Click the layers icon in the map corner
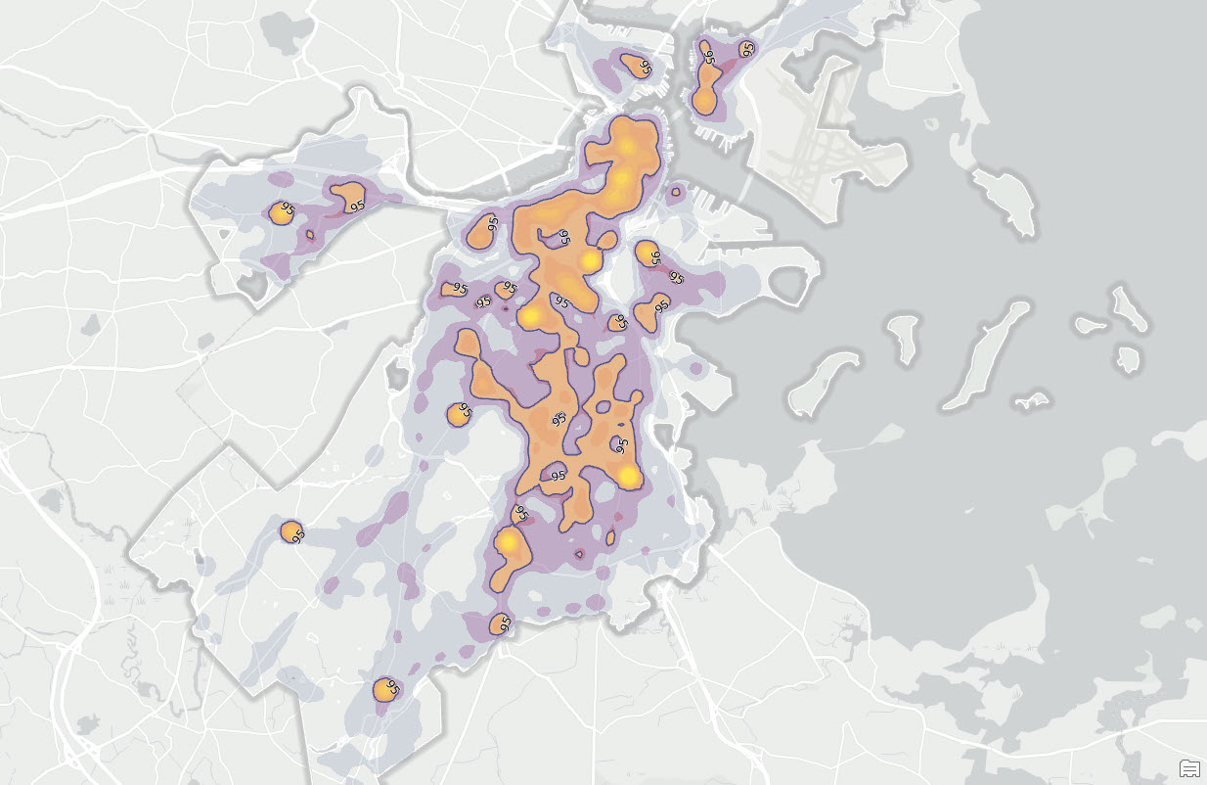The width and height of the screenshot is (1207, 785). tap(1189, 766)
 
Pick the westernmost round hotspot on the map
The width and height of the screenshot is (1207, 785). tap(281, 212)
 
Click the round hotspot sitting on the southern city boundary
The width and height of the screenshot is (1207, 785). tap(500, 623)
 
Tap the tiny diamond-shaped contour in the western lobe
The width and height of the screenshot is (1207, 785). tap(310, 234)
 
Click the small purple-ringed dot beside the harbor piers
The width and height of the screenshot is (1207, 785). tap(675, 193)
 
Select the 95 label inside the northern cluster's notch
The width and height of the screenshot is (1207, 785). tap(563, 237)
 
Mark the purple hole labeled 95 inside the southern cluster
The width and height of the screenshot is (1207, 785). tap(556, 474)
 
